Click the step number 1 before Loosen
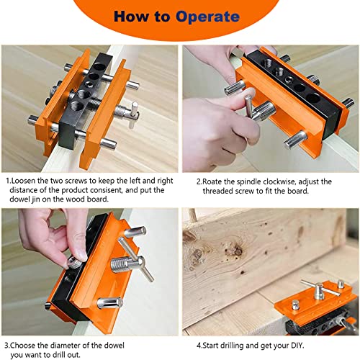pyautogui.click(x=6, y=182)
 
